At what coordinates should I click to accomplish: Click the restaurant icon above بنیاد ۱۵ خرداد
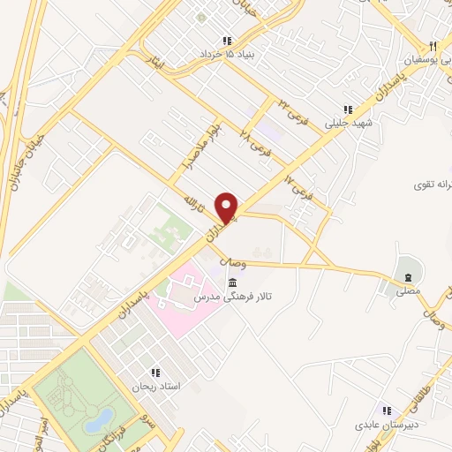tap(227, 41)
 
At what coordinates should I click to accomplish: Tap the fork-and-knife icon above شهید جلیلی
tap(348, 110)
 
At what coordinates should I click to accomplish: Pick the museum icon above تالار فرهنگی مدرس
tap(231, 283)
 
